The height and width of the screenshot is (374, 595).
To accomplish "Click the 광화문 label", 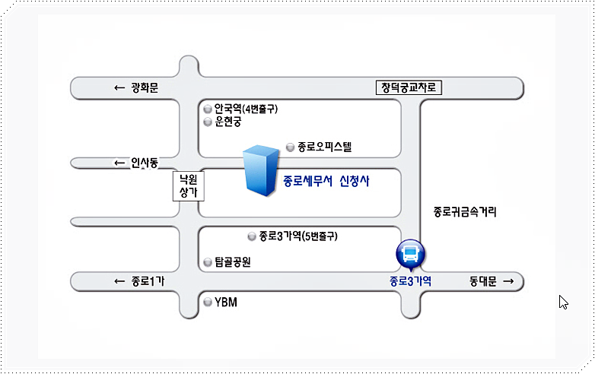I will click(143, 88).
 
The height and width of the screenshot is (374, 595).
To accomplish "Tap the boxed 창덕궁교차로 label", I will click(409, 87).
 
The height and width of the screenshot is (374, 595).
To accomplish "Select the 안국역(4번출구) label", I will click(246, 109).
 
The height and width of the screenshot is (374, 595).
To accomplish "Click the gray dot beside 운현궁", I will click(207, 122).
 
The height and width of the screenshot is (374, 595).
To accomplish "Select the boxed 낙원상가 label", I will click(187, 186).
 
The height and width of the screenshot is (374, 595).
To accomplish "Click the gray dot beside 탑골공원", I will click(207, 263).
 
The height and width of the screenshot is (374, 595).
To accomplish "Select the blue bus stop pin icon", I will click(410, 254).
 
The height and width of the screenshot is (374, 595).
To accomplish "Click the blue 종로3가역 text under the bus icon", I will click(410, 281).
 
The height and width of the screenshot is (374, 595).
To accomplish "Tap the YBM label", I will click(226, 303).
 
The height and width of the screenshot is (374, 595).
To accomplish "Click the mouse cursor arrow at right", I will click(562, 302).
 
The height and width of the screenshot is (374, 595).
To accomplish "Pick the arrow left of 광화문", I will click(119, 88).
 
